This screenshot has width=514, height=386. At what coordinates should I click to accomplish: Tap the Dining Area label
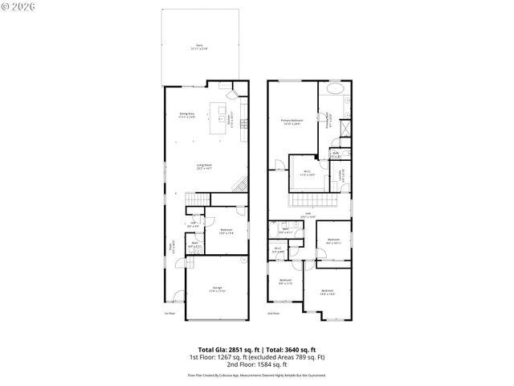[187, 115]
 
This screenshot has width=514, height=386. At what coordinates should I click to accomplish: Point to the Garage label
[216, 289]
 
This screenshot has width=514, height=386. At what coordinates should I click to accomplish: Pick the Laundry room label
[341, 173]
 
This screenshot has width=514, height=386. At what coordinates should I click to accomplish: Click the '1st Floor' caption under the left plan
[169, 314]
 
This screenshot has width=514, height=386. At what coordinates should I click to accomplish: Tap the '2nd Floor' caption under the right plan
[272, 314]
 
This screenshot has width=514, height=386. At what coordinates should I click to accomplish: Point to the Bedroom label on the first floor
[226, 231]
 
